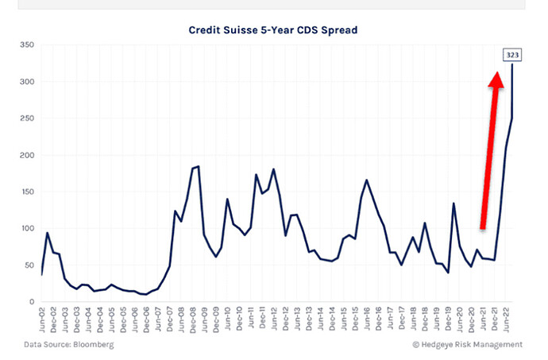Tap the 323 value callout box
(510, 55)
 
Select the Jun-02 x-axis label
(41, 319)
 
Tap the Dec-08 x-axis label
(191, 319)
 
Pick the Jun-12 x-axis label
(272, 319)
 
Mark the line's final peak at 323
(511, 66)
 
